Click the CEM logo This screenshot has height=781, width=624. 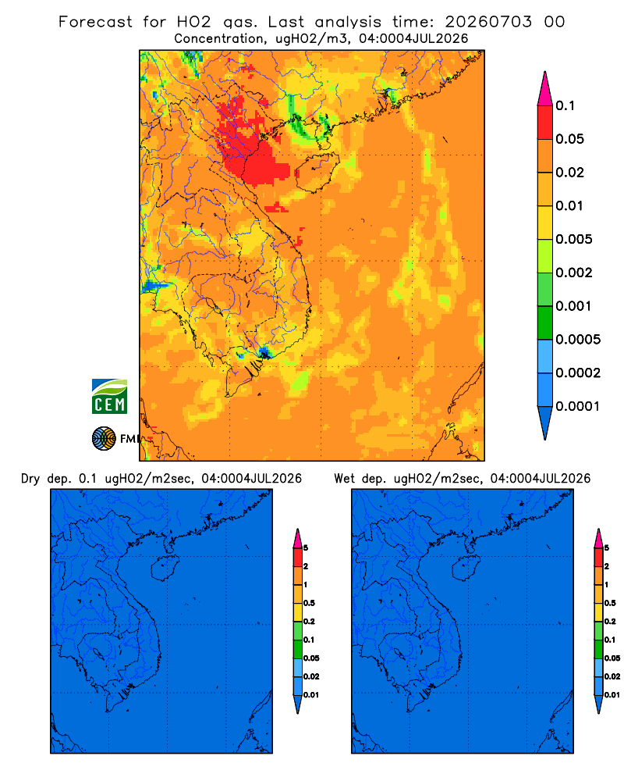pos(109,396)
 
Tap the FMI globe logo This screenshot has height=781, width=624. pos(104,438)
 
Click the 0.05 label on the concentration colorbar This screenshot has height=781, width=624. pos(569,139)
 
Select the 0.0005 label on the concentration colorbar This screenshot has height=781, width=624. pos(578,340)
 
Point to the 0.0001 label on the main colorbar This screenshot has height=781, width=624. pos(578,406)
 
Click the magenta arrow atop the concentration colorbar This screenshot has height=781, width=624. pos(545,88)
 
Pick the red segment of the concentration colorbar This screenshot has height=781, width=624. pos(545,123)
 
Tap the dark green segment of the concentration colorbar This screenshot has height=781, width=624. pos(545,323)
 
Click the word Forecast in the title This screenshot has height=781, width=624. pos(95,22)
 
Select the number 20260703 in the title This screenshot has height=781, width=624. pos(488,22)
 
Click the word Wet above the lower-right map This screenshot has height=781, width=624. pos(344,479)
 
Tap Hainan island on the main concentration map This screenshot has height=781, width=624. pos(317,173)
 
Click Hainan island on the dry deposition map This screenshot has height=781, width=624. pos(165,568)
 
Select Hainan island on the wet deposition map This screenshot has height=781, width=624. pos(466,568)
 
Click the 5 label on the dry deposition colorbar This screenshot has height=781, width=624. pos(306,548)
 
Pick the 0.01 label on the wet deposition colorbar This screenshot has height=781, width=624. pos(612,695)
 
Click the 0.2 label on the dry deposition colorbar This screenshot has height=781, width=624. pos(309,622)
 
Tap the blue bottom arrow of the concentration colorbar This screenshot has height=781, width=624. pos(545,423)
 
